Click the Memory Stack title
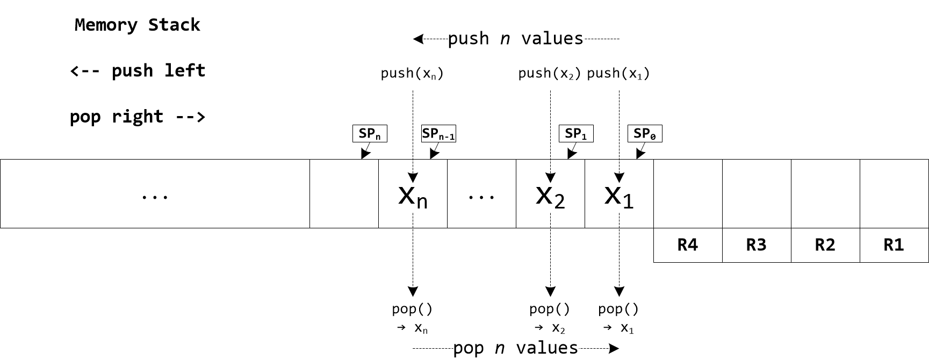[137, 25]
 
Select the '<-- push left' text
[138, 70]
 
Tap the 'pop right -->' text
[138, 117]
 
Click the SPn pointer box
[370, 134]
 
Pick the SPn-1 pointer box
[438, 134]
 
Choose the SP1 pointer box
[576, 134]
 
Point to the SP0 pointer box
[645, 134]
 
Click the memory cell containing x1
[619, 194]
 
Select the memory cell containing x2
[550, 194]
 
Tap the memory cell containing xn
[413, 194]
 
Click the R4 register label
[688, 245]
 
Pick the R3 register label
[757, 245]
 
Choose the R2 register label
[825, 245]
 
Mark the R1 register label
[894, 245]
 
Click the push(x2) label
[550, 74]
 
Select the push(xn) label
[412, 74]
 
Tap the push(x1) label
[618, 74]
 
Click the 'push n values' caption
[515, 39]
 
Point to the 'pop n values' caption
[515, 348]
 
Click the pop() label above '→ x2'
[550, 309]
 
